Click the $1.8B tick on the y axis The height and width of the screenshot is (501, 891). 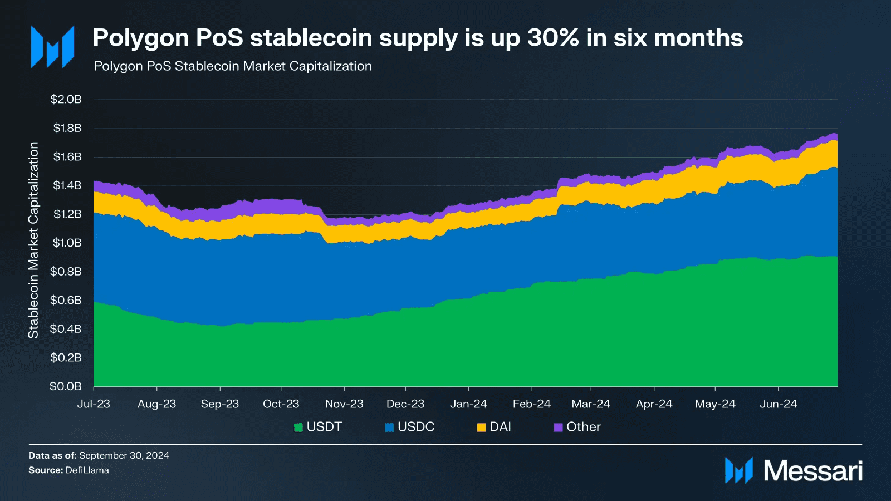67,128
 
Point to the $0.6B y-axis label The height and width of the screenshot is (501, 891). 66,301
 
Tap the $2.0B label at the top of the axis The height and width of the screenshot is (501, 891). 66,99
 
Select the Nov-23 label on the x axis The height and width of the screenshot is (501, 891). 344,404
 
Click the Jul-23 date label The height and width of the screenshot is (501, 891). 94,404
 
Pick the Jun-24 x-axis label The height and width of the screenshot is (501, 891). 778,404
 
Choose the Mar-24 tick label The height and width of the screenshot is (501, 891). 590,404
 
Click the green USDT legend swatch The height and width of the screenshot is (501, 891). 298,428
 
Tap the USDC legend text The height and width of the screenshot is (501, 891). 415,427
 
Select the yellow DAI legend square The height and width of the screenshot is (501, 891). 481,428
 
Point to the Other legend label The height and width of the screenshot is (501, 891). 583,427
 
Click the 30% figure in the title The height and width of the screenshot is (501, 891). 553,38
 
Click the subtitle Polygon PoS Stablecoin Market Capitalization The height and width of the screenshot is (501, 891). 233,66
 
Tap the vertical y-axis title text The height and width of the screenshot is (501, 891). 33,240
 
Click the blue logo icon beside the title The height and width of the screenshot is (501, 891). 52,47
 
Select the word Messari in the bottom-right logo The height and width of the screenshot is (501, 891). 812,471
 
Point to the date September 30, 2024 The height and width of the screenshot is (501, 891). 124,455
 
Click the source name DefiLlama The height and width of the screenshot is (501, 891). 87,470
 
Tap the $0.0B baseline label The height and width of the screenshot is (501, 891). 66,386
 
